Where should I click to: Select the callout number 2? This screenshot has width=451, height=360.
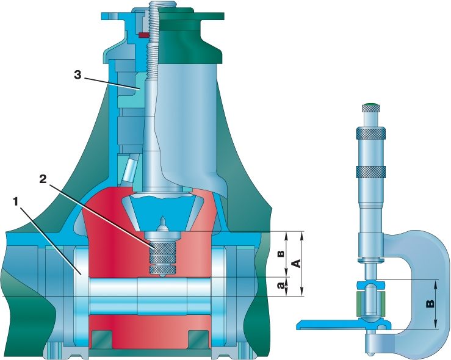coord(43,179)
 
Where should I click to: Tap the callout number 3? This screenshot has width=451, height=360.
coord(78,75)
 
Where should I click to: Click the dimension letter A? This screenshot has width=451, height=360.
coord(296,263)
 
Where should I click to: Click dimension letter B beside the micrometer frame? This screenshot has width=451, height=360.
coord(430,304)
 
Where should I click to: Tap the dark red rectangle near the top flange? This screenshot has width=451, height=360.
coord(144,35)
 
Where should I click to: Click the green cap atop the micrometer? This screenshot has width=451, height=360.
coord(370,104)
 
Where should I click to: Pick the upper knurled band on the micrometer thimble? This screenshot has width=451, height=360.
coord(371,133)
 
